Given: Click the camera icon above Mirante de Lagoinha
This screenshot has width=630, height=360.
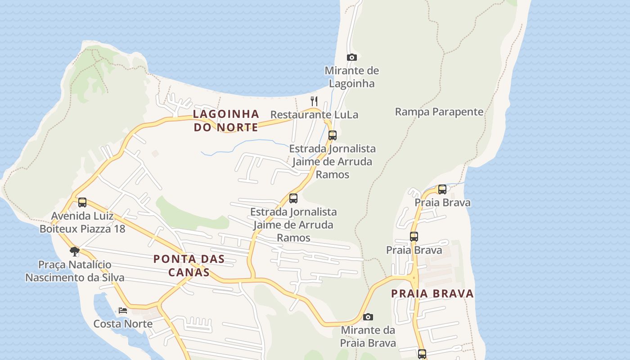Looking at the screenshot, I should coord(352,57).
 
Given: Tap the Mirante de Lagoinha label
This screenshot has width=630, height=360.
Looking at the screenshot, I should coord(352,77).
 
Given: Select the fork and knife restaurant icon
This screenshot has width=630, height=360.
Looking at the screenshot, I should coord(314,101).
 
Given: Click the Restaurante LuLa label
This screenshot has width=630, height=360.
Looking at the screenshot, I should coord(314,115).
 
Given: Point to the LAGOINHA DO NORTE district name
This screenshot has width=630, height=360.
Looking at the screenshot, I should coord(226,121).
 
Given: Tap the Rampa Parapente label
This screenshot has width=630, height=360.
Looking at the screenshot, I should coord(439,112).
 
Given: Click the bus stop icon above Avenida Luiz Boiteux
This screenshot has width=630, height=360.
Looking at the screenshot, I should coord(82,202).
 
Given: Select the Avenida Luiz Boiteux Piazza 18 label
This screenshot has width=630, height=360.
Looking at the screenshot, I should coord(82,222).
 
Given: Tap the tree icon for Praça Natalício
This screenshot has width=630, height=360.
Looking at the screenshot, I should coord(75,251).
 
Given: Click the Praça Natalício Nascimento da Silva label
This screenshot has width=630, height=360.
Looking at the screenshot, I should coord(75,271).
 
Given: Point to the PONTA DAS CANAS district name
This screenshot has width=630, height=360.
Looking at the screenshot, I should coord(189,265).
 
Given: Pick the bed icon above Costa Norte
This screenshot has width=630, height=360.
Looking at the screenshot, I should coord(122,310).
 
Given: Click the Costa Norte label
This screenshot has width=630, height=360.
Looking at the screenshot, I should coord(123,324).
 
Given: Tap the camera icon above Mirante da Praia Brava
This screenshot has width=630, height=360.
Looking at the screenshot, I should coord(368,317).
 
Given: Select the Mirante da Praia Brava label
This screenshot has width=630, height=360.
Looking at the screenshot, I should coord(368,337).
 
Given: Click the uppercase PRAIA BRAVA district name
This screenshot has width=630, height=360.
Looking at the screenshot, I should coord(432,294).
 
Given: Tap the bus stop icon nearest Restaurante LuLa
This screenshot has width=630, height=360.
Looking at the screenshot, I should coord(332,135).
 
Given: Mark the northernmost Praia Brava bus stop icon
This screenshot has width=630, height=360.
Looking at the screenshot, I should coord(442,189).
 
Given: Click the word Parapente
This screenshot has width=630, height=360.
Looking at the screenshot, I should coord(459,112).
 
